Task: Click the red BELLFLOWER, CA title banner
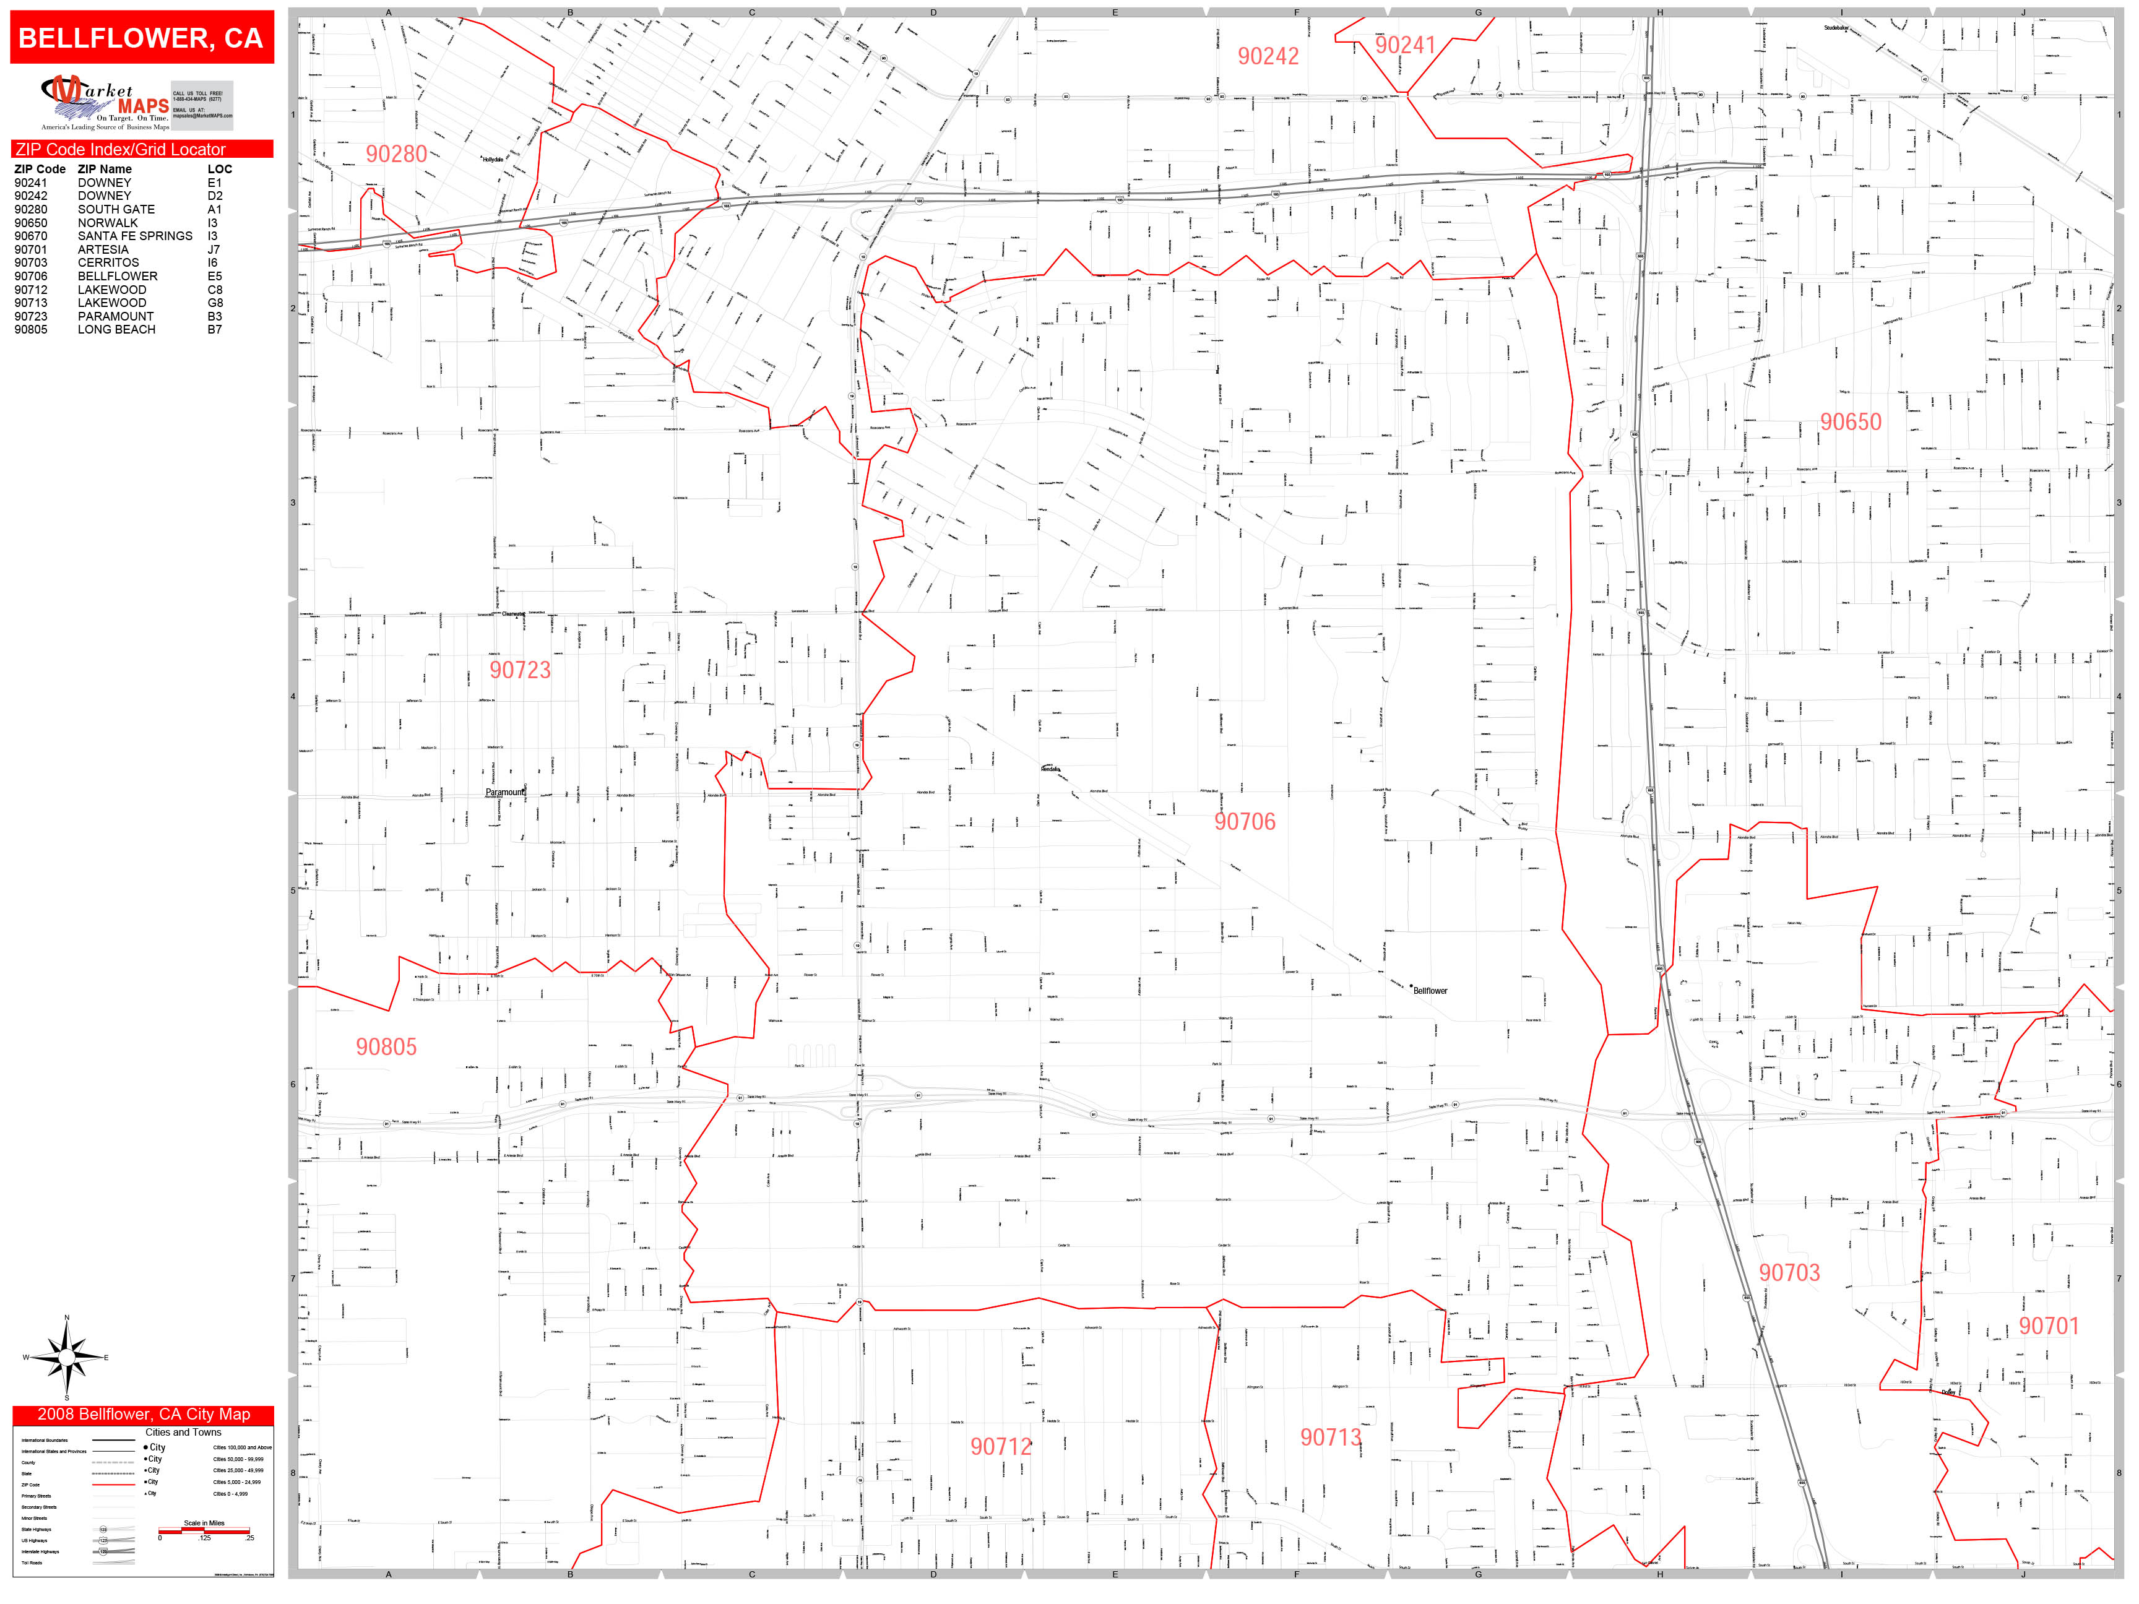(141, 38)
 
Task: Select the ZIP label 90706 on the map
(1245, 822)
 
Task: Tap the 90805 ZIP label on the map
(386, 1046)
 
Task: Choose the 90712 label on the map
(1001, 1446)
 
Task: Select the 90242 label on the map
(1268, 56)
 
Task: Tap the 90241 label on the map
(1404, 45)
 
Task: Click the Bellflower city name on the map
(1430, 991)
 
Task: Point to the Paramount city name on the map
(505, 792)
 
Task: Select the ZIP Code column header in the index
(40, 169)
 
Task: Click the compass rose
(67, 1358)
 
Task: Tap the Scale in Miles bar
(205, 1530)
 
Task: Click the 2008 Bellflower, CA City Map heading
(143, 1415)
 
